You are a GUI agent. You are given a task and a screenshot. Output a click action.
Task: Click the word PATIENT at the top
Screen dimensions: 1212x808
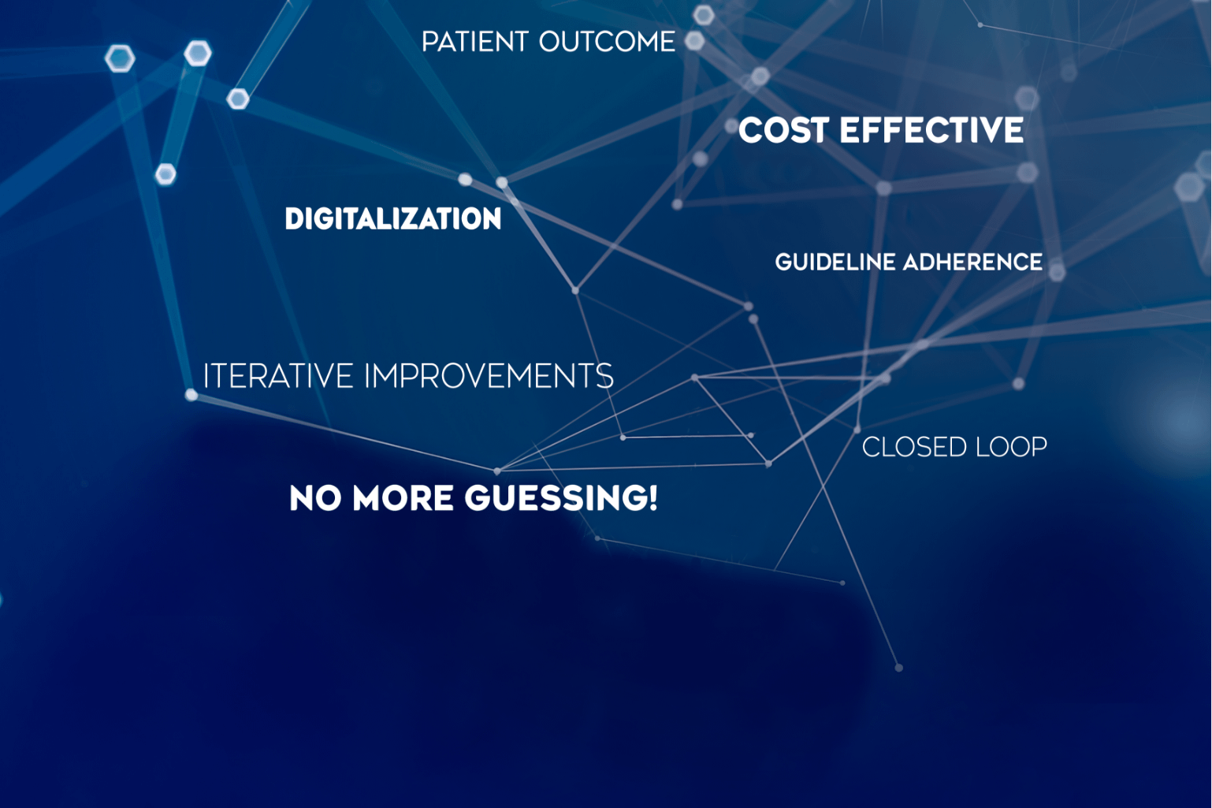tap(474, 43)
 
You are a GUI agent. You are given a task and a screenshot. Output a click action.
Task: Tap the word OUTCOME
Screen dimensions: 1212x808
tap(607, 43)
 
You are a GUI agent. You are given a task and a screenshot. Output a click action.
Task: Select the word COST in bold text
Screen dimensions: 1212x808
tap(783, 130)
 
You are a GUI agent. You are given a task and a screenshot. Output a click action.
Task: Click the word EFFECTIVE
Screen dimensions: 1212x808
tap(931, 130)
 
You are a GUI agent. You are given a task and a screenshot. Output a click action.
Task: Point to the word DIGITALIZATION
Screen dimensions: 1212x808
tap(393, 219)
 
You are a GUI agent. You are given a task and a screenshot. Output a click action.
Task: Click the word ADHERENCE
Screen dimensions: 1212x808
tap(973, 263)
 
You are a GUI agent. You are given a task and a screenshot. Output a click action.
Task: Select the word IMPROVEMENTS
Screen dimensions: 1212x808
tap(489, 376)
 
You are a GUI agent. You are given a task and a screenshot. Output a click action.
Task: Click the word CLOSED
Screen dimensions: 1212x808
tap(914, 448)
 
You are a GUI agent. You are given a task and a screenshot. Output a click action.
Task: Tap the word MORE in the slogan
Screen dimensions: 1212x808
tap(403, 498)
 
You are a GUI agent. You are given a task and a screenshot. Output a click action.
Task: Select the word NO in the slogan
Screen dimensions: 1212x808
tap(315, 498)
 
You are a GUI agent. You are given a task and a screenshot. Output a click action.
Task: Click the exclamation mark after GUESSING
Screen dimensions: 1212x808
tap(653, 498)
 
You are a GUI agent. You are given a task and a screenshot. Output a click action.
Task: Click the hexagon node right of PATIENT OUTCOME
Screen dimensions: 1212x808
tap(695, 40)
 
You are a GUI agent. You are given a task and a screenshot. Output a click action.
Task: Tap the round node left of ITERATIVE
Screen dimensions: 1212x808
tap(191, 395)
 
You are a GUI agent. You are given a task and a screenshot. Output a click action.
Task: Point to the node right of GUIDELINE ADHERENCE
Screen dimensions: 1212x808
tap(1057, 272)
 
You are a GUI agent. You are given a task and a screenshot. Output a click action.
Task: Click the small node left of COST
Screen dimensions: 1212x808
tap(731, 126)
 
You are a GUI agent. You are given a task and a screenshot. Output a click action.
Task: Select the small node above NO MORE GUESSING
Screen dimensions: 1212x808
tap(497, 471)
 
